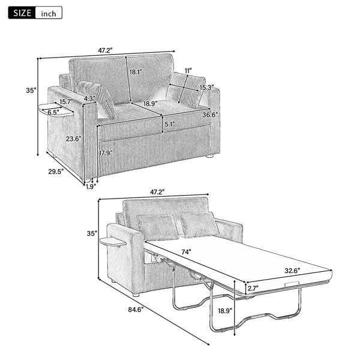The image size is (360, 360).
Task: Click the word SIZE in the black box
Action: point(22,13)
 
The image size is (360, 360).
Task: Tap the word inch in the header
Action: point(49,14)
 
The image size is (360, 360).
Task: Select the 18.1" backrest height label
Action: point(136,72)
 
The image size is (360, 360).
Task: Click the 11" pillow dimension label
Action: point(188,71)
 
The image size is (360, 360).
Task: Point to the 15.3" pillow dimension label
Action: point(206,87)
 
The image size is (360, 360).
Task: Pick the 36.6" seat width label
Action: point(210,115)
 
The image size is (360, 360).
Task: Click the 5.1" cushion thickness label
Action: point(170,124)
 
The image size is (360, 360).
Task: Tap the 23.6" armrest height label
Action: point(74,139)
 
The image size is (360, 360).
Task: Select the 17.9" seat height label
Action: point(106,153)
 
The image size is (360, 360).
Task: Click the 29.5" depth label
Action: point(56,172)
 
